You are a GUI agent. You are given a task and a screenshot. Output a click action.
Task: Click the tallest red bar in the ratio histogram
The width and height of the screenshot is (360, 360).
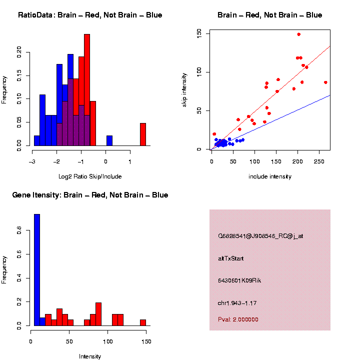[x=87, y=90]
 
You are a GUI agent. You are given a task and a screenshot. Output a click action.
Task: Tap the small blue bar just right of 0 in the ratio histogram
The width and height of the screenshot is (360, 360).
[x=109, y=140]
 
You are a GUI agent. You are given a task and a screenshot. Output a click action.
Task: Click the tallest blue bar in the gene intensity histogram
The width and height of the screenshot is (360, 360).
[x=36, y=270]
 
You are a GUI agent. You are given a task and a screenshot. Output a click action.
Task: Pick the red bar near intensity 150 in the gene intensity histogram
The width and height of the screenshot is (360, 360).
[x=143, y=322]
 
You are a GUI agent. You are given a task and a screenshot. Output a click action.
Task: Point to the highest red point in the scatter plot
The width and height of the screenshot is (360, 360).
[x=298, y=34]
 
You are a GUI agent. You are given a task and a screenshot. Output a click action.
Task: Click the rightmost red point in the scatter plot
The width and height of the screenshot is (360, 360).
[x=325, y=82]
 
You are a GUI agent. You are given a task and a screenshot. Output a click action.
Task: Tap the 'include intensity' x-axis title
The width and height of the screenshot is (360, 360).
[x=270, y=176]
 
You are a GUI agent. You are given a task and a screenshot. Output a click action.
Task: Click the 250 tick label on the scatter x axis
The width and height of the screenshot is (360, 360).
[x=319, y=161]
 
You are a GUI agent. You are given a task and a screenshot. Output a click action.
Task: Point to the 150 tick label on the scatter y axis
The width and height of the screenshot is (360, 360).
[x=199, y=33]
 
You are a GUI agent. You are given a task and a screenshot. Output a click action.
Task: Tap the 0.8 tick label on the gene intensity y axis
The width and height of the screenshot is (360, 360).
[x=19, y=231]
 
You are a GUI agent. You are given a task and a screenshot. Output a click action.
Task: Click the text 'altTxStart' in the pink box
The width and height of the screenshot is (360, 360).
[x=230, y=258]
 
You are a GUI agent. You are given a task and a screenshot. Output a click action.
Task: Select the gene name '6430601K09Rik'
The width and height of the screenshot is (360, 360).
[x=239, y=280]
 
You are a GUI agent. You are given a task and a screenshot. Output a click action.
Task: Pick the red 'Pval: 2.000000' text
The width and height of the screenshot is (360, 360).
[x=238, y=319]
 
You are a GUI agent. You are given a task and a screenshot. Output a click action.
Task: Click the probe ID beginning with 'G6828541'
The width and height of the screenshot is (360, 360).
[x=260, y=236]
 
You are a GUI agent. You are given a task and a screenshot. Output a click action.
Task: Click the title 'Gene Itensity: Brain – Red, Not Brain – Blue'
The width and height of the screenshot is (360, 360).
[x=90, y=195]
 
